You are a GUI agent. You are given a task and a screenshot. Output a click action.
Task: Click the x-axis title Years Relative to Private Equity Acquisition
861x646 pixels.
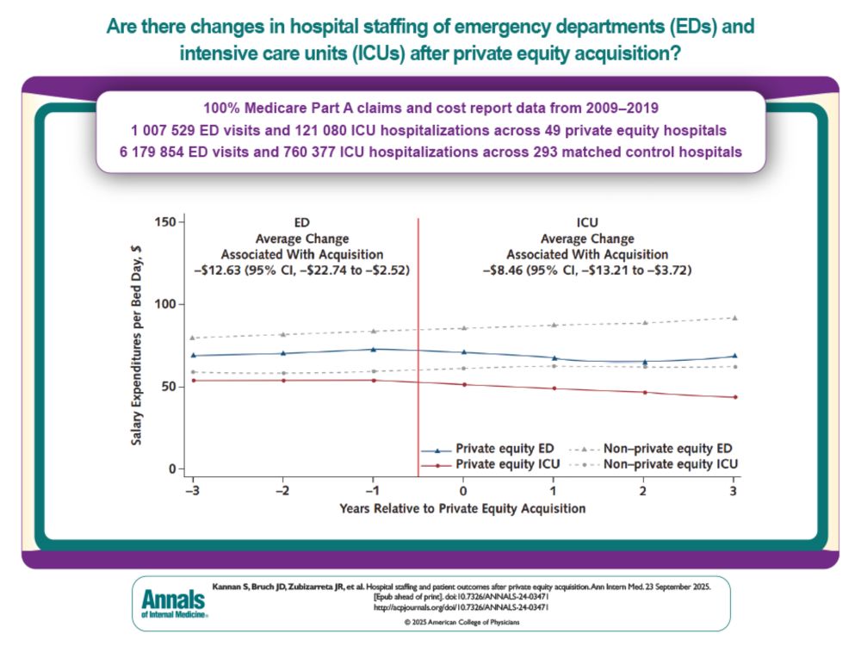(x=462, y=508)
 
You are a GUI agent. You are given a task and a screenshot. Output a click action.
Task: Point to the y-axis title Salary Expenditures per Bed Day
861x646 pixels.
(x=137, y=345)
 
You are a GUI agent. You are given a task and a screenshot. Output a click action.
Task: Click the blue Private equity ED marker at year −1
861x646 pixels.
(x=373, y=349)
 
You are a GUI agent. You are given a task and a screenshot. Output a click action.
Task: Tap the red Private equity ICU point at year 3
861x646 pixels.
(x=734, y=397)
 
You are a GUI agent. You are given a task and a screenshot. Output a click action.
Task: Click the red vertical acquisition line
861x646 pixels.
(x=418, y=345)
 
